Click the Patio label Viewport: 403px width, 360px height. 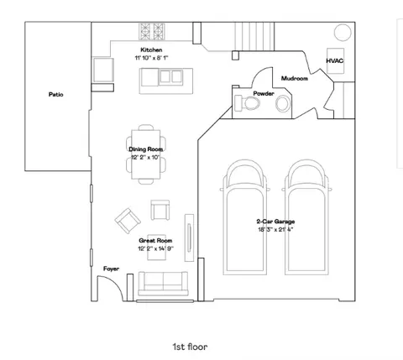pos(56,95)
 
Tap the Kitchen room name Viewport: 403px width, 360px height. pos(151,50)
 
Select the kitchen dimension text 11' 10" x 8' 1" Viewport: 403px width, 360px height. pos(151,58)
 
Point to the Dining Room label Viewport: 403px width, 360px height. pos(145,149)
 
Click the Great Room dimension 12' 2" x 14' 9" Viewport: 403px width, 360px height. pos(156,248)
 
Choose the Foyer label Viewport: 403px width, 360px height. pos(111,269)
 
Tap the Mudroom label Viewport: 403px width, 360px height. pos(295,78)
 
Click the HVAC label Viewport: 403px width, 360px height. pos(335,60)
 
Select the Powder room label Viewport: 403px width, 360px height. pos(264,93)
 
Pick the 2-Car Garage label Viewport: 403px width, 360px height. pos(275,222)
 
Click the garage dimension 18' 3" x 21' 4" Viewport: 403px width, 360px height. pos(275,230)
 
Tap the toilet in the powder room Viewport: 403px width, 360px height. pos(248,102)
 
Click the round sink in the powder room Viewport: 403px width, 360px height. pos(283,104)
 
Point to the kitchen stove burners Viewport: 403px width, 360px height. pos(152,31)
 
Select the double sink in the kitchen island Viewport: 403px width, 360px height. pos(170,76)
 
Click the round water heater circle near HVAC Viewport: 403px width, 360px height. pos(343,33)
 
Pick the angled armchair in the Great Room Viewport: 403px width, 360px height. pos(128,221)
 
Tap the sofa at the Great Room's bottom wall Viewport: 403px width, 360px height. pos(163,284)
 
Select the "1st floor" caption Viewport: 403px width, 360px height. pos(190,347)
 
